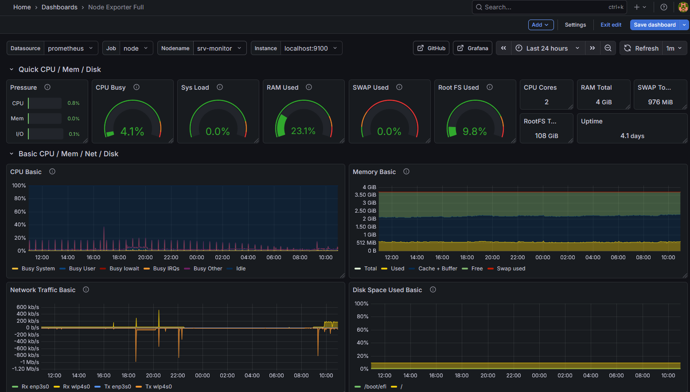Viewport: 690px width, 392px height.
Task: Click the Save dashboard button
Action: coord(655,25)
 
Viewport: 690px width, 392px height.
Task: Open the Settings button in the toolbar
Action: coord(575,25)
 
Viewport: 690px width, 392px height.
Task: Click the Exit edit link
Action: coord(611,25)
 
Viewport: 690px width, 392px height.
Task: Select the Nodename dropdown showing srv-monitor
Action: coord(219,48)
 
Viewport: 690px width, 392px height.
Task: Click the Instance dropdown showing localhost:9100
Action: coord(310,48)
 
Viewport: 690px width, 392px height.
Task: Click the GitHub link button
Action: coord(432,48)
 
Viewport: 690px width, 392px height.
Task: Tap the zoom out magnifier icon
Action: coord(608,48)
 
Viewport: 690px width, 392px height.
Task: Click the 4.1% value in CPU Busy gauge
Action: coord(132,131)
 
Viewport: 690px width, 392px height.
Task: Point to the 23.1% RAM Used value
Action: coord(303,131)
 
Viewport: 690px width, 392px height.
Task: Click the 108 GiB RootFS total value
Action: coord(546,136)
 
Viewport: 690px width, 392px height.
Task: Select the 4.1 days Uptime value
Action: coord(632,136)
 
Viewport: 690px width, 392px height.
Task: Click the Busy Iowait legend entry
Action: coord(124,269)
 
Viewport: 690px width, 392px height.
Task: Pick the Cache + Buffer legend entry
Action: coord(437,269)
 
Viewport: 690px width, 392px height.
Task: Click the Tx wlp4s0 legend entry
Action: coord(158,387)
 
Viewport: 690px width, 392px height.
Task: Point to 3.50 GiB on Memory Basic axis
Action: coord(365,195)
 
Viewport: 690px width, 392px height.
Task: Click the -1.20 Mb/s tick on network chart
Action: coord(25,369)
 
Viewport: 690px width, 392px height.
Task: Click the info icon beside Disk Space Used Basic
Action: coord(433,290)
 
